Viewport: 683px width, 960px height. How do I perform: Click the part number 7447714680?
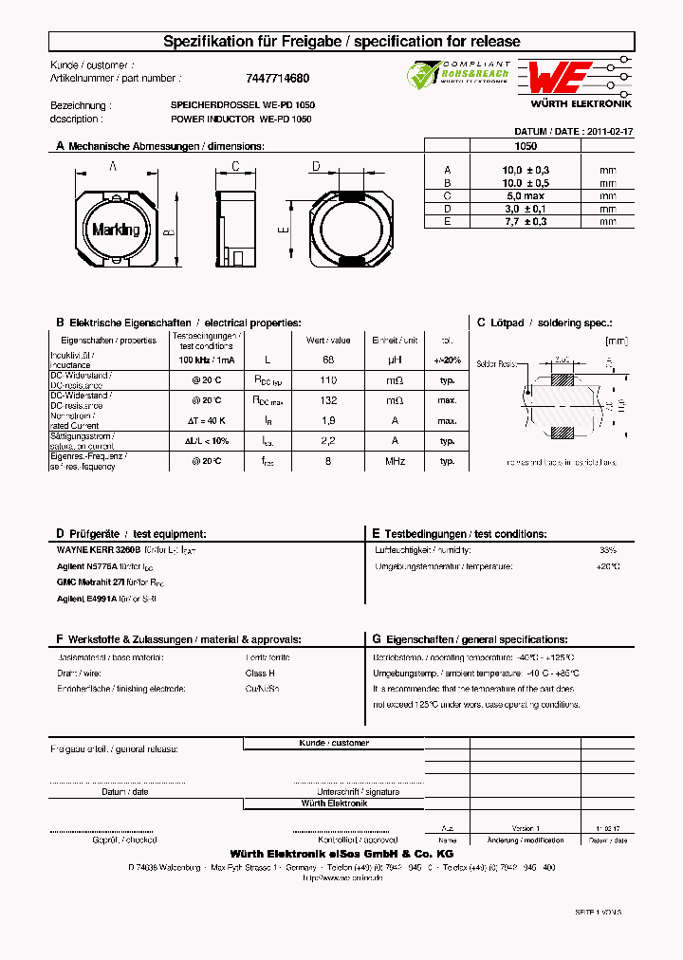tap(270, 79)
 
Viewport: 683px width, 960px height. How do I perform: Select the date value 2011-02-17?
tap(610, 133)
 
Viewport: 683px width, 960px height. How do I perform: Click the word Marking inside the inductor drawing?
tap(116, 230)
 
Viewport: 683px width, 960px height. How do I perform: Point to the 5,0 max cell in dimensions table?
tap(525, 195)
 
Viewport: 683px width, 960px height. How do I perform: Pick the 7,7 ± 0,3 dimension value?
tap(525, 221)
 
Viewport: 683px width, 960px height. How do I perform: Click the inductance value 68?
tap(328, 360)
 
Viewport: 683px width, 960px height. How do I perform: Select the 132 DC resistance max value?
tap(328, 401)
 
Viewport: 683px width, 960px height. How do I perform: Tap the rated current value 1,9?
tap(328, 421)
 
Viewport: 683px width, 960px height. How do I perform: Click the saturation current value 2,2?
tap(328, 441)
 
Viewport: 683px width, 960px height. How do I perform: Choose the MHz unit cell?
tap(395, 461)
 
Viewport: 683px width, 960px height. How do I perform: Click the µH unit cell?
tap(395, 360)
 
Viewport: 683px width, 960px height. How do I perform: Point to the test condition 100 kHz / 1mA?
tap(207, 360)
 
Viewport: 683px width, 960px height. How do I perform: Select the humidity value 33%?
tap(607, 550)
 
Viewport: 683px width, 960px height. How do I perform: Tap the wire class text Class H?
tap(260, 673)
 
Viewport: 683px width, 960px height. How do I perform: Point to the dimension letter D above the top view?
tap(316, 167)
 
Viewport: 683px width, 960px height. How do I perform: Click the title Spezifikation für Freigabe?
tap(236, 42)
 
